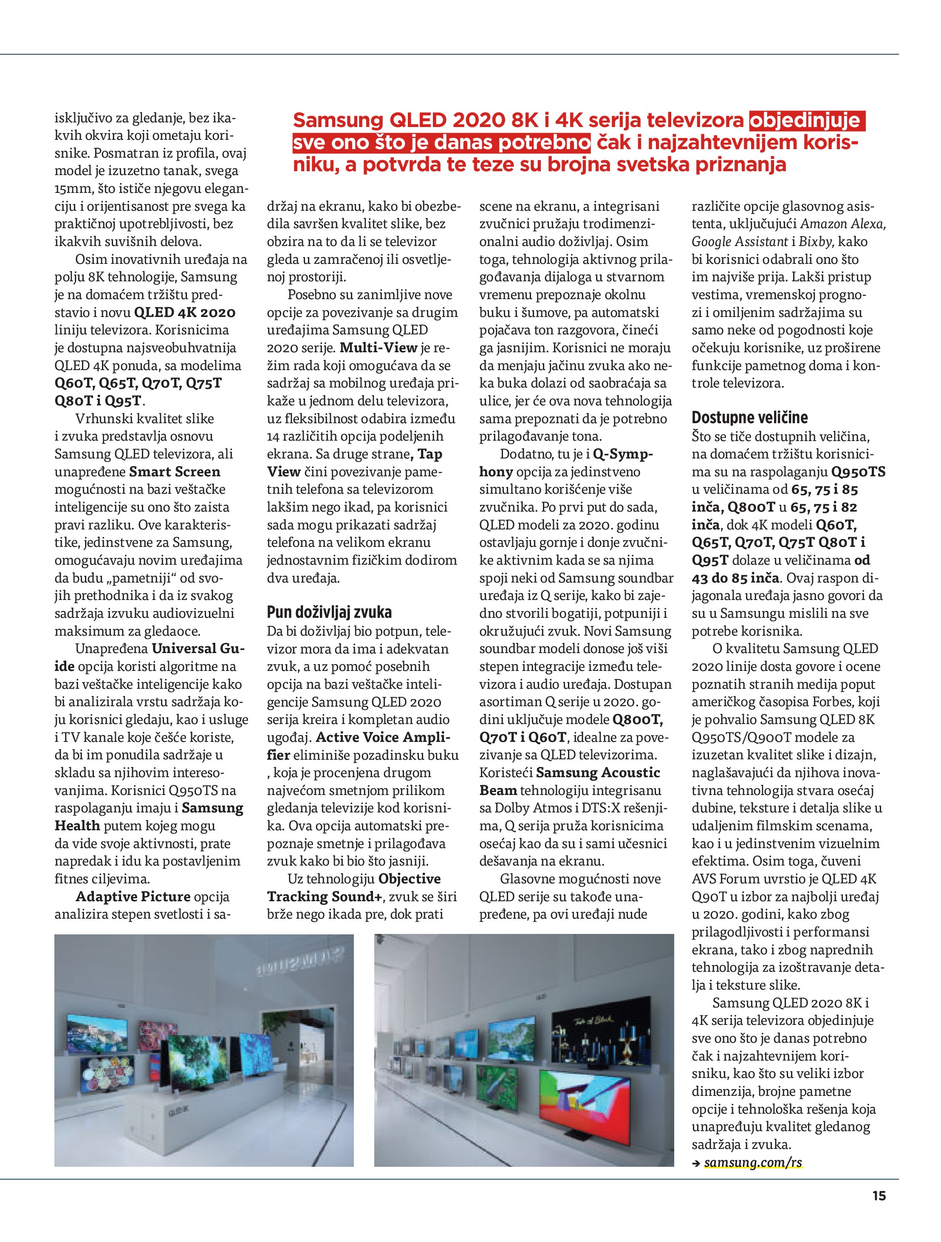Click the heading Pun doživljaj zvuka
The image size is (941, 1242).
[329, 612]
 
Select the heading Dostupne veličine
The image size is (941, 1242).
[749, 417]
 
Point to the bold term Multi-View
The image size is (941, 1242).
[379, 348]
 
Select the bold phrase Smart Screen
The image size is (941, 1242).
[175, 472]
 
